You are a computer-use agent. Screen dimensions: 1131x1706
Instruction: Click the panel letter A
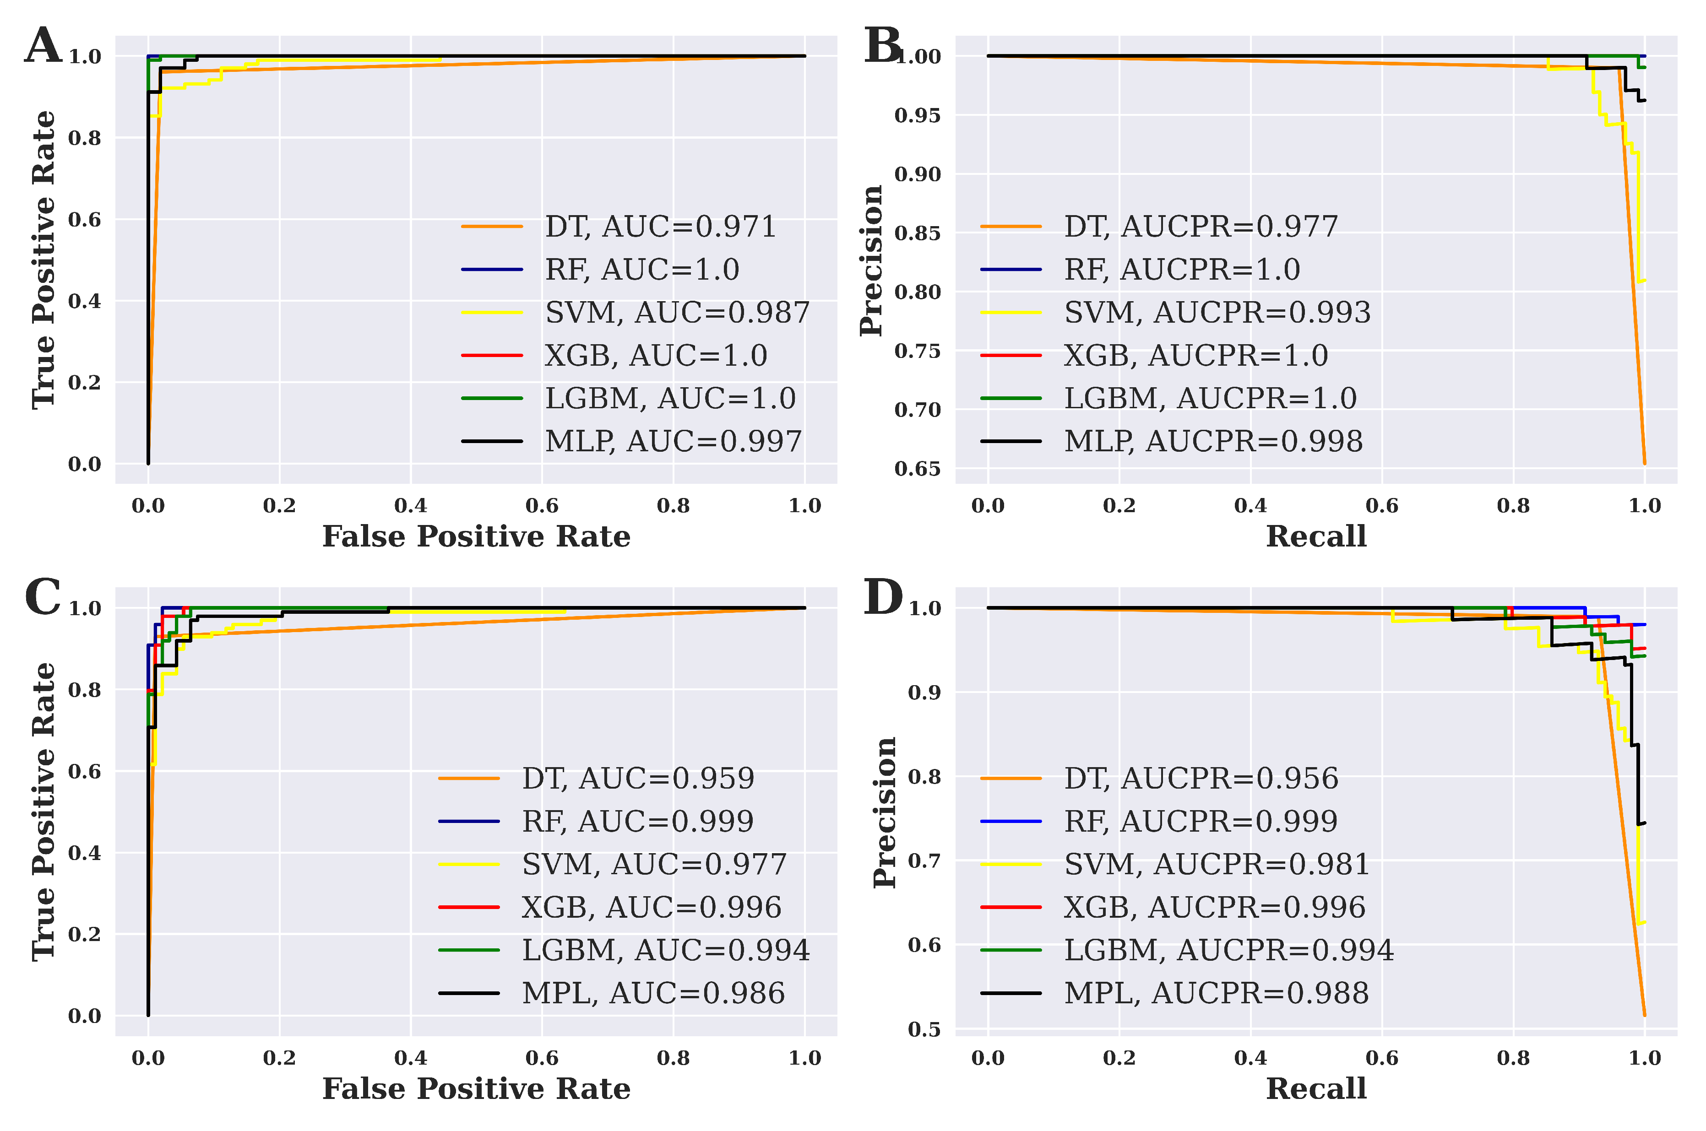pos(43,45)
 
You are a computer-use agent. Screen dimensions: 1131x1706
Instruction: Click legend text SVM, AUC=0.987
pos(677,312)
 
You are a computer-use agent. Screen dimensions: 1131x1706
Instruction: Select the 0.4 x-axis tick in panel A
pos(410,506)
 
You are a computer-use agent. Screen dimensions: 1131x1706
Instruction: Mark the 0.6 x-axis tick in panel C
pos(542,1058)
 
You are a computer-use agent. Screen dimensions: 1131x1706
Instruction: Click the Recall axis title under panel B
pos(1316,536)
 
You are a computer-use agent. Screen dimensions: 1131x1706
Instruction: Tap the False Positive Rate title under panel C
pos(476,1088)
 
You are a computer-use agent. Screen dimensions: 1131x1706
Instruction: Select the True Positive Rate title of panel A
pos(43,260)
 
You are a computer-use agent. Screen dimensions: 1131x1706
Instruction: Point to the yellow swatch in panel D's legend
pos(1011,864)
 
